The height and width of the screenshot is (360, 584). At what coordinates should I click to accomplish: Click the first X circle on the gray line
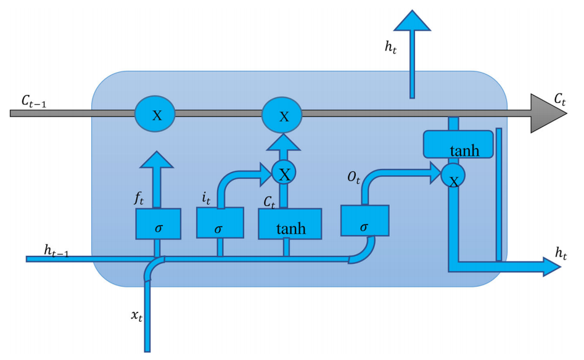click(155, 113)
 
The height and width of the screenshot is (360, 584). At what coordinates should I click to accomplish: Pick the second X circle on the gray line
click(283, 115)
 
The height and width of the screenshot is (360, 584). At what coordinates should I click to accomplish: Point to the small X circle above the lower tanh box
click(284, 174)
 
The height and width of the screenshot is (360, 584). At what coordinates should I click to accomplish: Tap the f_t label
click(140, 199)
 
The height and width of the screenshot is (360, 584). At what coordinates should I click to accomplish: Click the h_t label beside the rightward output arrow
click(561, 252)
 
